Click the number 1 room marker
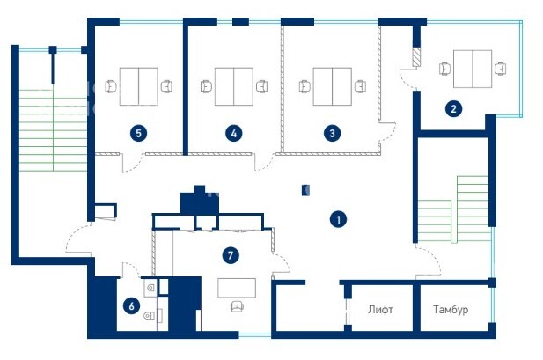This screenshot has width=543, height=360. [x=338, y=219]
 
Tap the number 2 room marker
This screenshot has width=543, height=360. [x=453, y=109]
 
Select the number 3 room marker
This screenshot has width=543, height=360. [x=332, y=134]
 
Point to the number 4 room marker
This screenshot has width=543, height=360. [x=234, y=134]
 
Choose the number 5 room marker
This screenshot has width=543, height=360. [x=138, y=134]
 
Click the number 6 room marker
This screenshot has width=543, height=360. [x=132, y=306]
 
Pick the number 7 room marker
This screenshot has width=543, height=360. [x=231, y=256]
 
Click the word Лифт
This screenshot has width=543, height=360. [x=380, y=310]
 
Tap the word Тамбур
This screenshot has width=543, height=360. [x=451, y=309]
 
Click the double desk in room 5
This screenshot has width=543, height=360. [x=139, y=86]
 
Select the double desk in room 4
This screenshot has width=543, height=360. [x=234, y=86]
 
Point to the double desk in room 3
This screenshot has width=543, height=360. [x=333, y=86]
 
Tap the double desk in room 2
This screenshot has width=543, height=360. [x=473, y=69]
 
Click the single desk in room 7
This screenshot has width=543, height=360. [x=237, y=288]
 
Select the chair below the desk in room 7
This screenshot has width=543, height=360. [x=238, y=306]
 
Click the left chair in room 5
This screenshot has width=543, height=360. [x=111, y=86]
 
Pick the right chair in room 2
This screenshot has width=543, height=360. [x=501, y=69]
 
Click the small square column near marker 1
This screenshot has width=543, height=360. [x=305, y=190]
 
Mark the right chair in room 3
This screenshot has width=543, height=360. [x=361, y=86]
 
